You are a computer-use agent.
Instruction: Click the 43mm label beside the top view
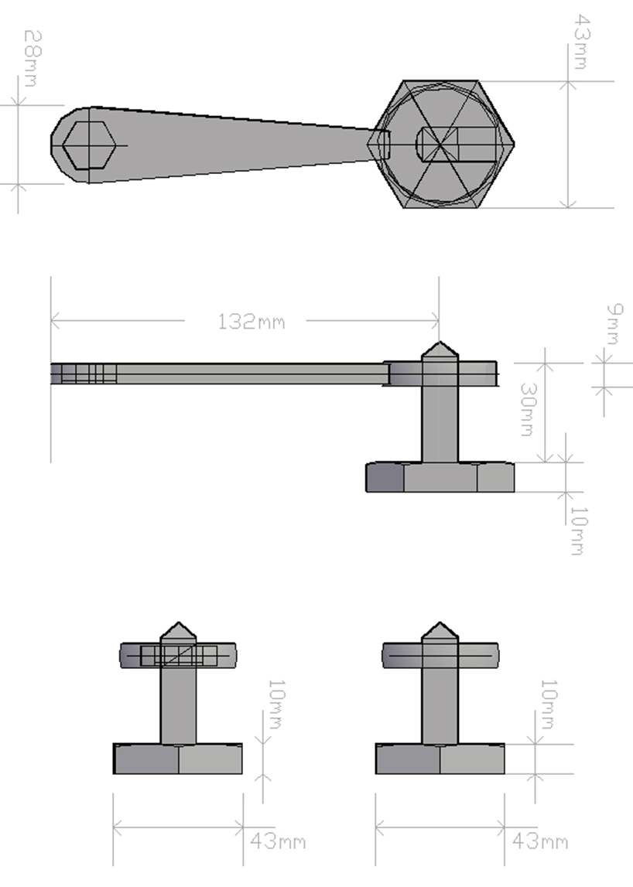click(580, 41)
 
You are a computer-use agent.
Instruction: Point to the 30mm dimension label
click(527, 410)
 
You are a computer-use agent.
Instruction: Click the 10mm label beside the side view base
click(577, 532)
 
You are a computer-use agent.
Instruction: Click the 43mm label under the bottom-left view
click(277, 841)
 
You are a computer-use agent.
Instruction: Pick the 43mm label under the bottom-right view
click(539, 841)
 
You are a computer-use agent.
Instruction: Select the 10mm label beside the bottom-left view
click(274, 704)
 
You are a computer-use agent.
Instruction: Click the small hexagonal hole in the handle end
click(89, 145)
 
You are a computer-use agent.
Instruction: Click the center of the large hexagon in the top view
click(441, 145)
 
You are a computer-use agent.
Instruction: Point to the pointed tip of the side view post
click(440, 349)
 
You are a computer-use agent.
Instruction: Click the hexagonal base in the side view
click(440, 477)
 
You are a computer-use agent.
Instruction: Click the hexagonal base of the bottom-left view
click(178, 759)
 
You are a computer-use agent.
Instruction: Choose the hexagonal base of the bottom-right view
click(440, 759)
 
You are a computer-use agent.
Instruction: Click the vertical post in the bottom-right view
click(440, 704)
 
